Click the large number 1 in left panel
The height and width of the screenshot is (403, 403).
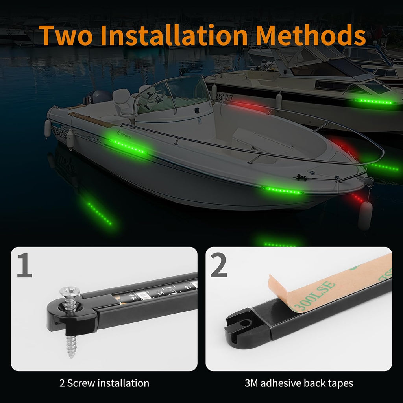(x=24, y=266)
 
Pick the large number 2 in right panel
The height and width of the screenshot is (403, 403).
(x=219, y=266)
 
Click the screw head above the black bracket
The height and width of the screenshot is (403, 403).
(x=69, y=292)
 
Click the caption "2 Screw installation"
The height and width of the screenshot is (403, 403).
(x=104, y=383)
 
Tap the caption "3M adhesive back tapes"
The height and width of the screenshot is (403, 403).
(x=299, y=383)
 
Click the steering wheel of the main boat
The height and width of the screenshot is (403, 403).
(x=155, y=96)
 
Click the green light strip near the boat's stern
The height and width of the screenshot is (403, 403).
(x=128, y=146)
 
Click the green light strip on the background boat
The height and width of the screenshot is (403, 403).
(x=375, y=102)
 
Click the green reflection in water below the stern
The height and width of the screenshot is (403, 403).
(x=99, y=213)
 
